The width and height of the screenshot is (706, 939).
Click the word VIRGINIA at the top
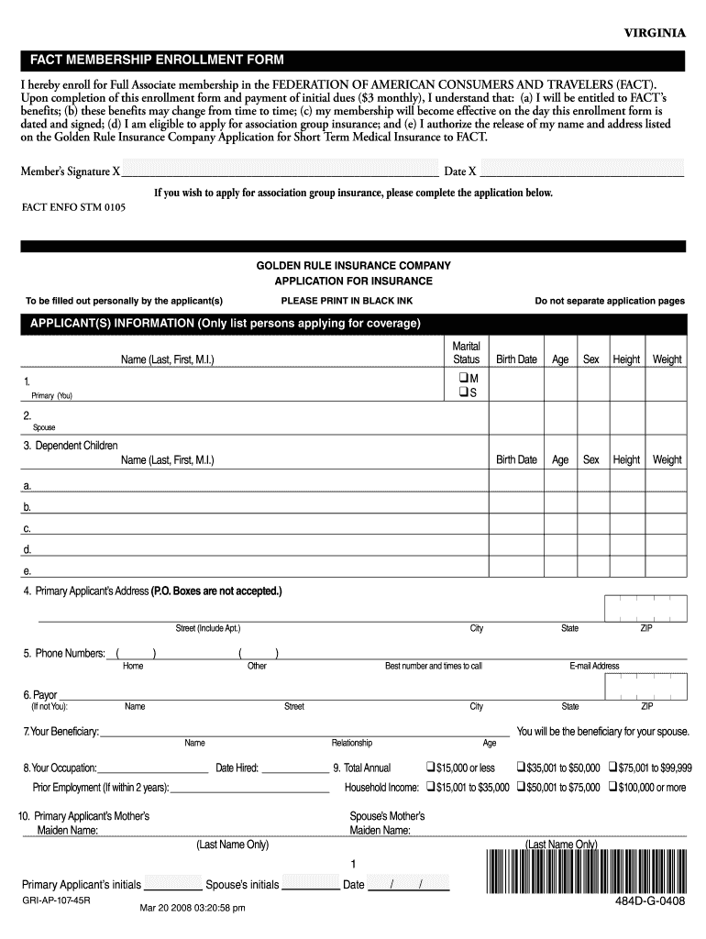tap(655, 33)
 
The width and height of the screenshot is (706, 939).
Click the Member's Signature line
tap(280, 171)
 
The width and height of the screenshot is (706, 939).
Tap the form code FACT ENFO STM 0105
tap(73, 208)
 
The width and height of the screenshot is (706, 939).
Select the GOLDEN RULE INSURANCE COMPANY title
tap(353, 265)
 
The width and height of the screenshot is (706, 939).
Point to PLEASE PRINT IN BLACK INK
tap(347, 301)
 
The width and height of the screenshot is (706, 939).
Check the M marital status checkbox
tap(461, 378)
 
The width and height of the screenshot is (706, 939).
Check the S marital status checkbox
tap(461, 393)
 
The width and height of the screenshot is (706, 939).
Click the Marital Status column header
tap(467, 353)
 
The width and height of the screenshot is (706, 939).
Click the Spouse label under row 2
tap(44, 427)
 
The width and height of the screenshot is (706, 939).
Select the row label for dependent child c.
tap(28, 528)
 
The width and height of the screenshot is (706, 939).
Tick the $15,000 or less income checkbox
tap(429, 768)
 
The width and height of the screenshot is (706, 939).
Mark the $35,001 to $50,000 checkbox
tap(520, 768)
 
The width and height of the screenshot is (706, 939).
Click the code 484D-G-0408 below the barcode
tap(650, 901)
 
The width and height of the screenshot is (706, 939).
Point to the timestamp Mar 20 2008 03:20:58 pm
tap(192, 908)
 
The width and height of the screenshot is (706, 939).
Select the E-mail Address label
tap(594, 666)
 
